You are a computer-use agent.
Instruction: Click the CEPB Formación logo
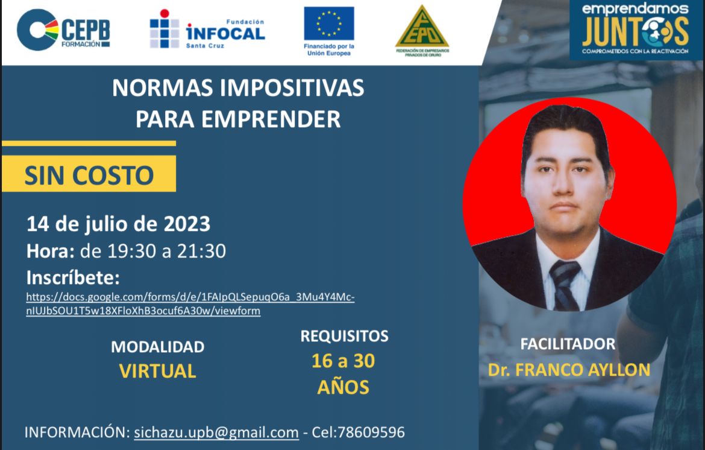63,30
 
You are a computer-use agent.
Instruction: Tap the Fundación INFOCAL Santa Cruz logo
207,29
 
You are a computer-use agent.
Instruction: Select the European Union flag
328,24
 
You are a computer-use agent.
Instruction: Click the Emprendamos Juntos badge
635,30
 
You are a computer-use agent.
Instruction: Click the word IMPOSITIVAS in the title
292,87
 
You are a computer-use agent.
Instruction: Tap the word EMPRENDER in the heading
271,119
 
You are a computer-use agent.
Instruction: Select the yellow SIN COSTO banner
89,174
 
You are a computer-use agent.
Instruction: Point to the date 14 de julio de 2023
118,224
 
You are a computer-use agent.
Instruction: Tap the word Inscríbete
73,277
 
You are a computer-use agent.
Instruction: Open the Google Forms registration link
190,304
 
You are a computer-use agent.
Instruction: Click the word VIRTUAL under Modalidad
158,371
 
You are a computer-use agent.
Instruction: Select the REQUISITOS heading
345,336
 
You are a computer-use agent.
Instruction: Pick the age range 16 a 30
343,361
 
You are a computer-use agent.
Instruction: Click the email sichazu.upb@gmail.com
216,432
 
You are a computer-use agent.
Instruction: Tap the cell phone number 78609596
371,432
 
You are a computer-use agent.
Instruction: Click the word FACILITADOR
568,344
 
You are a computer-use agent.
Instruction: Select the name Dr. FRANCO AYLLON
569,370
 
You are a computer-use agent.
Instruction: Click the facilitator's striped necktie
565,285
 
